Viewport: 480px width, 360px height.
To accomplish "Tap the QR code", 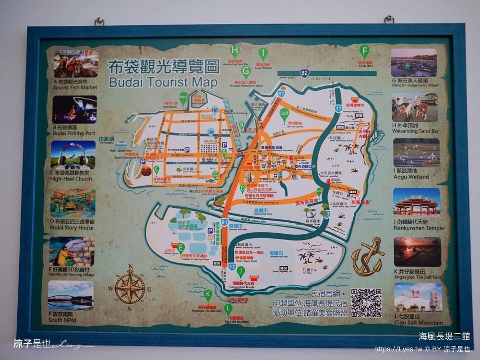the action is click(366, 302).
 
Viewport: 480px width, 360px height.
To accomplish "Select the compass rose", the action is click(130, 287).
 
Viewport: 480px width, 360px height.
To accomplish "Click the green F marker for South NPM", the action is click(365, 50).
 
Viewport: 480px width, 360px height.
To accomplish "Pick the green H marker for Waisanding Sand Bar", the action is click(235, 51).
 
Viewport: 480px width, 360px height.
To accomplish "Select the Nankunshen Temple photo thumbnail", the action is click(416, 202).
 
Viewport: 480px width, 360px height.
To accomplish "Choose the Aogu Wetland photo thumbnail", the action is click(416, 153).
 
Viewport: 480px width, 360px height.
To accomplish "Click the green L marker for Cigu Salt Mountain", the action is click(228, 309).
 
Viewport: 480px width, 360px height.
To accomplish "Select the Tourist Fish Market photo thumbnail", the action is click(76, 63).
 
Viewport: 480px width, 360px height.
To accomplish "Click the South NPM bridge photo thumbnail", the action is click(71, 296).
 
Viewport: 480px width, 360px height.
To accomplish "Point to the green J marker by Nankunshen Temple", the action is click(241, 271).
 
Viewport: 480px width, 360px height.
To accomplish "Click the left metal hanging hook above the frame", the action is click(99, 22).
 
